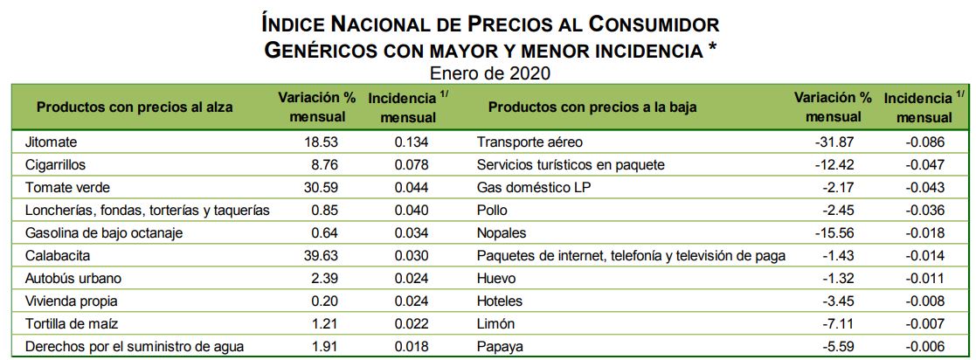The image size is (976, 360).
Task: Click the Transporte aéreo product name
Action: click(530, 142)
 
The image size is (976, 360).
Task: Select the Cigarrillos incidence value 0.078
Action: click(411, 164)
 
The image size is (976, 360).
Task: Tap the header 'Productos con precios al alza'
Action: click(135, 107)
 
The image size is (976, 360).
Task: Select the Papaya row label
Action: click(501, 346)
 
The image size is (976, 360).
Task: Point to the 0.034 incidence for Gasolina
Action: click(411, 232)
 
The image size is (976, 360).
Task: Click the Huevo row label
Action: click(497, 278)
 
